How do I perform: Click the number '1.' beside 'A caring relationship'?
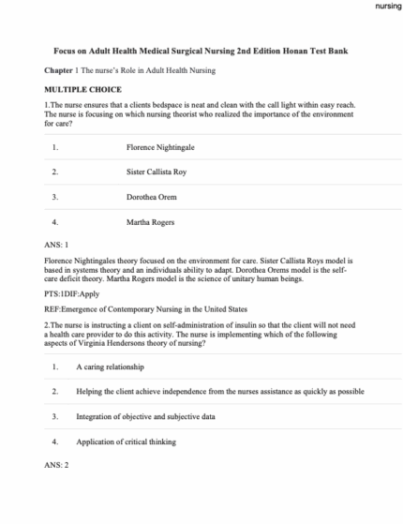pyautogui.click(x=56, y=365)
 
